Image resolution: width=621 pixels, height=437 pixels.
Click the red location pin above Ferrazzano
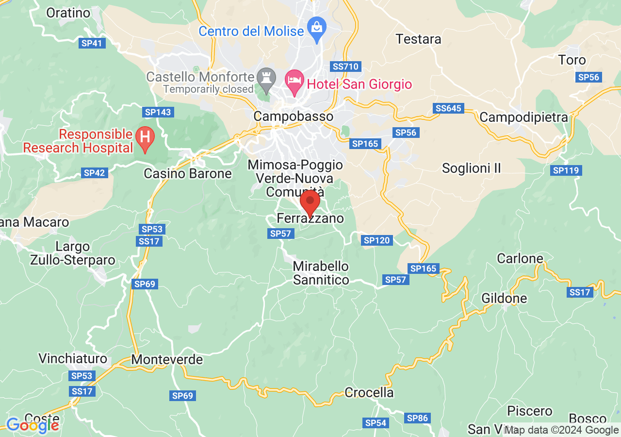(310, 202)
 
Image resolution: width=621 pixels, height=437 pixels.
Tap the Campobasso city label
(294, 117)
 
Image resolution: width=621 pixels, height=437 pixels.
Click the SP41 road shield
(92, 43)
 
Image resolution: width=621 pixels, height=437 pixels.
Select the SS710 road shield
(345, 66)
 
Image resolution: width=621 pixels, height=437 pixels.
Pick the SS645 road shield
(449, 108)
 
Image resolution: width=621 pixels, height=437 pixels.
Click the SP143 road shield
(158, 112)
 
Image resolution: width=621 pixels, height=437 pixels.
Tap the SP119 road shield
(567, 170)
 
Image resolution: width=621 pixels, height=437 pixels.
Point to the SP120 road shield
(377, 240)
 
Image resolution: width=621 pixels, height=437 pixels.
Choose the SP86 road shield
(417, 418)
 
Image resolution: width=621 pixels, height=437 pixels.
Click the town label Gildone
(504, 298)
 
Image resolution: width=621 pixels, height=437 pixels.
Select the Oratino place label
(68, 13)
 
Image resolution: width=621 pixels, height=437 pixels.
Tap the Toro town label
(572, 60)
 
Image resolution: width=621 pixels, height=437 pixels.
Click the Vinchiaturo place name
(73, 359)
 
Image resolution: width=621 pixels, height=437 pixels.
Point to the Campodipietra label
(523, 117)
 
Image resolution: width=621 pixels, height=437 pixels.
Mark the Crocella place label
(369, 392)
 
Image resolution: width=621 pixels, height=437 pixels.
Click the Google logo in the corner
(33, 425)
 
